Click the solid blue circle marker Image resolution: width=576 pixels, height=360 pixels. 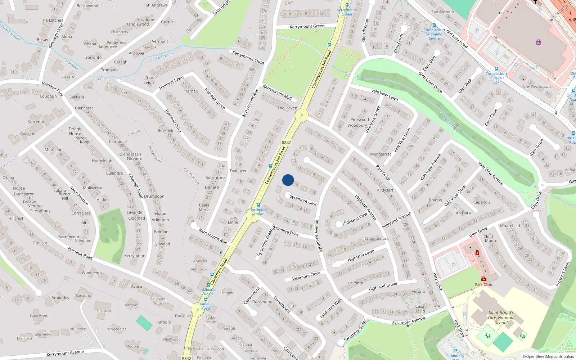pos(288,180)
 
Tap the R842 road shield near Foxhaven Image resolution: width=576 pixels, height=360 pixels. pos(286,143)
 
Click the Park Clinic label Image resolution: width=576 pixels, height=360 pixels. pos(483,284)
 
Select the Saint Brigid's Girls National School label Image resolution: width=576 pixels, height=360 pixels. pos(501,318)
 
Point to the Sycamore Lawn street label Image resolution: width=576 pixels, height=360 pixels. pos(303,200)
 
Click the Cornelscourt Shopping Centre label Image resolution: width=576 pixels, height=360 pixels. pos(434,34)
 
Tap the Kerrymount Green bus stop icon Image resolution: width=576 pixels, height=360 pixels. pos(347,5)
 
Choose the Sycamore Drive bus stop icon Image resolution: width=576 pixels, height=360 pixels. pos(258,205)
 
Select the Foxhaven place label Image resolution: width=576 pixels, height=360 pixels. pos(238,171)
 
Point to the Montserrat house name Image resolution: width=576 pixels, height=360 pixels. pos(381,154)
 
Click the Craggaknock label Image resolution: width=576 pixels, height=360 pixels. pos(377,238)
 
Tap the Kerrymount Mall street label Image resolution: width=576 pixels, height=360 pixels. pos(277,93)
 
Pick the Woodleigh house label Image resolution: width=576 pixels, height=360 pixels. pos(91,273)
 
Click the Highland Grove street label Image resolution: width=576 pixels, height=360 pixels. pos(383,287)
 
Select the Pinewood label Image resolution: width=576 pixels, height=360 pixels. pos(360,120)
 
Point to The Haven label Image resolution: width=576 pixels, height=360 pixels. pos(287,108)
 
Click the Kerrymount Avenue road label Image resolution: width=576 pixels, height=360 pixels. pos(65,353)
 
